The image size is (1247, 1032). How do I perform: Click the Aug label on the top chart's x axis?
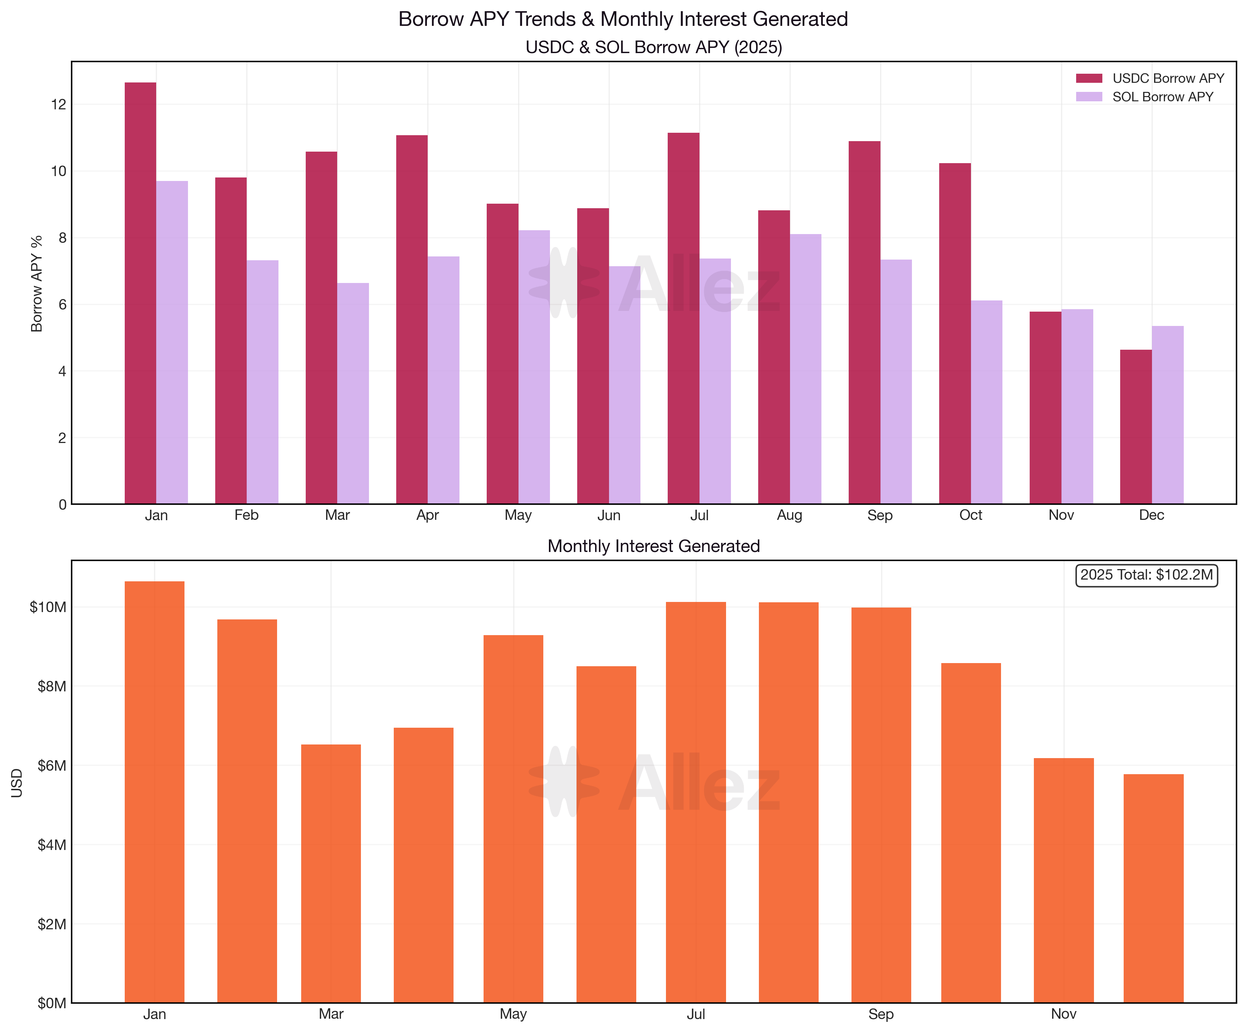pyautogui.click(x=789, y=515)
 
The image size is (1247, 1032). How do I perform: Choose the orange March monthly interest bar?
pyautogui.click(x=331, y=873)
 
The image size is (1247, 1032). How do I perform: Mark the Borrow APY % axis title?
pyautogui.click(x=37, y=283)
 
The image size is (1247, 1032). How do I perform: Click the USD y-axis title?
pyautogui.click(x=17, y=783)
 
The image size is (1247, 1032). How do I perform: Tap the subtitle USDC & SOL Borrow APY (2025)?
pyautogui.click(x=653, y=47)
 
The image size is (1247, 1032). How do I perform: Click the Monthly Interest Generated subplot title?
pyautogui.click(x=653, y=546)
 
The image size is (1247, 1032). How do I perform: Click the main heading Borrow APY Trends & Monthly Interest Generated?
pyautogui.click(x=623, y=19)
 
